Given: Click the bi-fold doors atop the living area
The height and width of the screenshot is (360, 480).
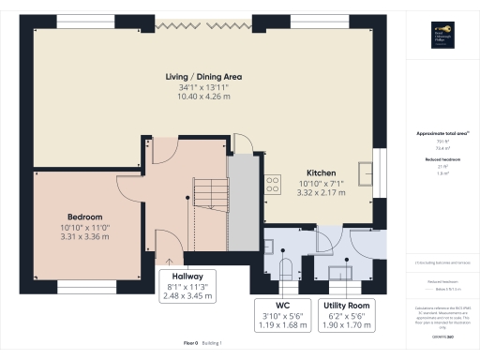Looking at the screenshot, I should coord(203,23).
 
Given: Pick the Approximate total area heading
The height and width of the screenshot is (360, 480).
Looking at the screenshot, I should coord(438,133).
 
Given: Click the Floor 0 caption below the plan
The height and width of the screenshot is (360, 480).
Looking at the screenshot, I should coord(193,344).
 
